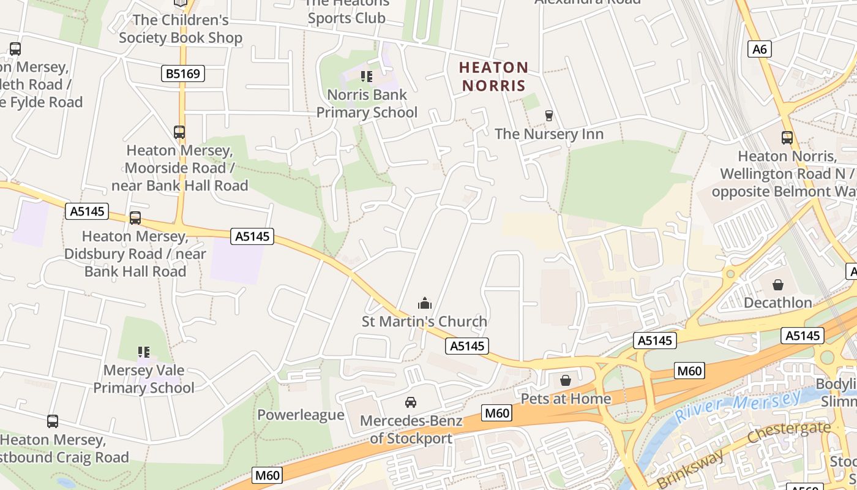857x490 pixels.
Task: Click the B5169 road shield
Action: [183, 74]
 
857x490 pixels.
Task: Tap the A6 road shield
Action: [759, 49]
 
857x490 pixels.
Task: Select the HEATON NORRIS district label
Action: [493, 77]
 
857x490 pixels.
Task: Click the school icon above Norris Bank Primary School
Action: [366, 77]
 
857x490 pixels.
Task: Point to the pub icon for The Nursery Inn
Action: [548, 116]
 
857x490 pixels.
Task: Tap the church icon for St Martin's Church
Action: [424, 303]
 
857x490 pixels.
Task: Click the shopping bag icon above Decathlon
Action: [777, 285]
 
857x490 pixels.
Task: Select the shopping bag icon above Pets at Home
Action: [566, 380]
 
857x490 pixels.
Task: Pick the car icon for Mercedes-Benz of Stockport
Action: [411, 402]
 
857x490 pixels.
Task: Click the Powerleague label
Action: [301, 415]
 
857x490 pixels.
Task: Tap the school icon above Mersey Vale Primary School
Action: [144, 352]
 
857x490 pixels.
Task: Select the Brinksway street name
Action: [690, 468]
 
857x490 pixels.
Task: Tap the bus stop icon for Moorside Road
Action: [179, 132]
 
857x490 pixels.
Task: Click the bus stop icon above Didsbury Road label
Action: [135, 218]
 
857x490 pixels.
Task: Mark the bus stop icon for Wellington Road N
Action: [787, 138]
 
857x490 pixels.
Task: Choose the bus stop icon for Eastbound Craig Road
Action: [53, 421]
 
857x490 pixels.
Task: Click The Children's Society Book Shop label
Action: [181, 29]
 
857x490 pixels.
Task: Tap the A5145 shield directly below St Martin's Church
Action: [467, 346]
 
